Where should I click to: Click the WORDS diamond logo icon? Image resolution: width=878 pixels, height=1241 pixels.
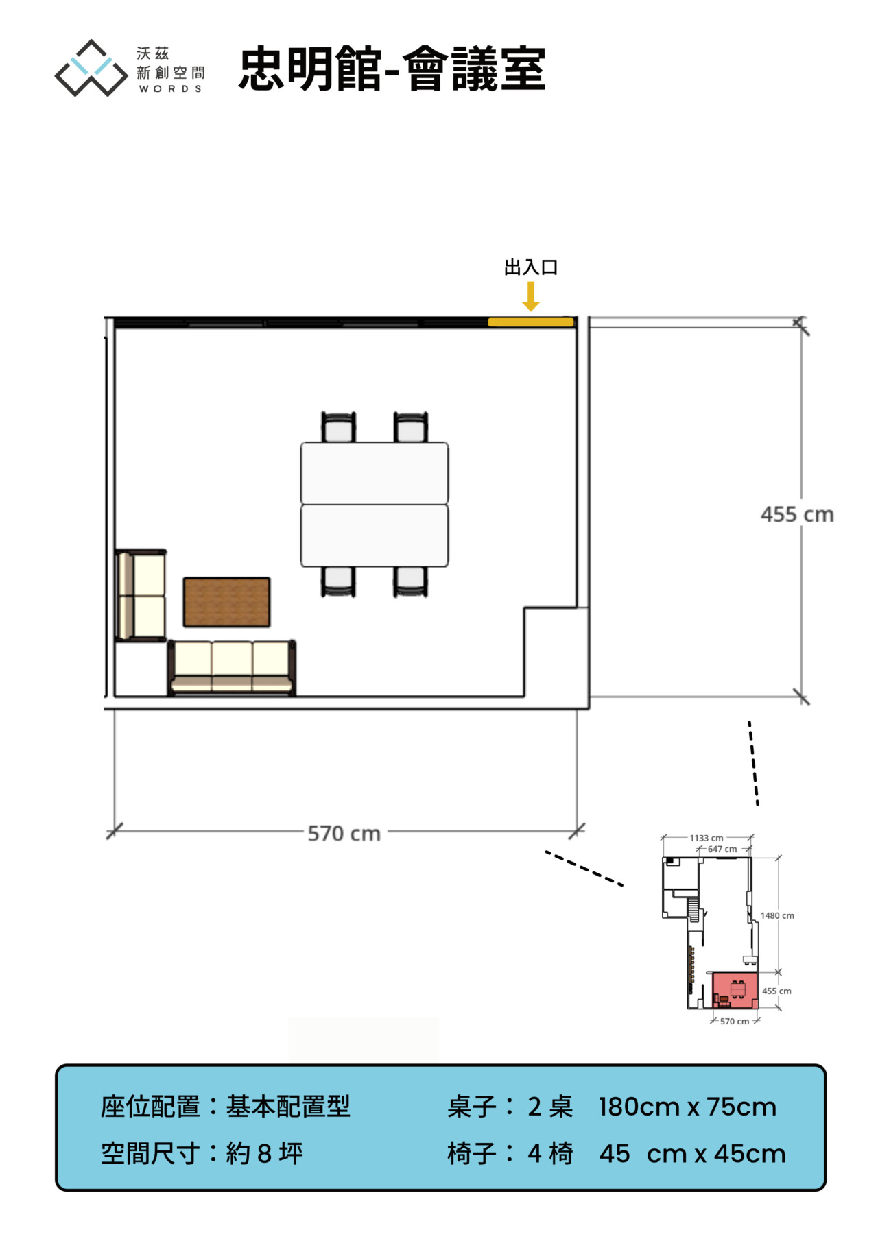pos(91,68)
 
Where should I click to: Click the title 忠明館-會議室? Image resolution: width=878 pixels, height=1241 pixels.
pos(392,69)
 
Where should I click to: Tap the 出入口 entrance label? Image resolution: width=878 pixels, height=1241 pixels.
pos(531,267)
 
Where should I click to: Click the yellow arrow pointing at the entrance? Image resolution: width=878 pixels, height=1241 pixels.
pos(531,296)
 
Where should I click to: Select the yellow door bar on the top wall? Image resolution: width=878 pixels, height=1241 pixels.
pos(531,322)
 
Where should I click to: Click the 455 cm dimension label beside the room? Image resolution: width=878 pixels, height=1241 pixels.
pos(797,514)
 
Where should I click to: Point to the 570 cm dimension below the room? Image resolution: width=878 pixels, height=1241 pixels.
pos(344,833)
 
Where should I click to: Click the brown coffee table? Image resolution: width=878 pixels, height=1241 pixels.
pos(226,602)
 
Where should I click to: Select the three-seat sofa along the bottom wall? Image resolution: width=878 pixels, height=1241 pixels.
pos(232,668)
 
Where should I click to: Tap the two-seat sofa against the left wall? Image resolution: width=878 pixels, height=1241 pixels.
pos(141,595)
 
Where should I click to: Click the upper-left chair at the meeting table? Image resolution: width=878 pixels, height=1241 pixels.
pos(339,427)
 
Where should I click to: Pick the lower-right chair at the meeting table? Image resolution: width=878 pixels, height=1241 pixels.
pos(411,581)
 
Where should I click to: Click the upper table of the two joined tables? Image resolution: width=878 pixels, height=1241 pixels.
pos(375,473)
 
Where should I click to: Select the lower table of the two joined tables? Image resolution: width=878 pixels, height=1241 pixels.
pos(375,535)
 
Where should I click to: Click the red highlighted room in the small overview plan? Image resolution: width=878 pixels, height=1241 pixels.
pos(735,990)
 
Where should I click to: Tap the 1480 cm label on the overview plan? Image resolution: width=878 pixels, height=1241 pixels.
pos(777,915)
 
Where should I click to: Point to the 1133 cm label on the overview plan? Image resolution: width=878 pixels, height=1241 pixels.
pos(707,838)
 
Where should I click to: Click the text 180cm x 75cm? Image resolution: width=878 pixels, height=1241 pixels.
pos(687,1107)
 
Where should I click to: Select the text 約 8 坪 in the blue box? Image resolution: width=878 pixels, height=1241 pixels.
pos(265,1153)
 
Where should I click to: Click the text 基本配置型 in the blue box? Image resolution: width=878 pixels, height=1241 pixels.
pos(288,1107)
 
